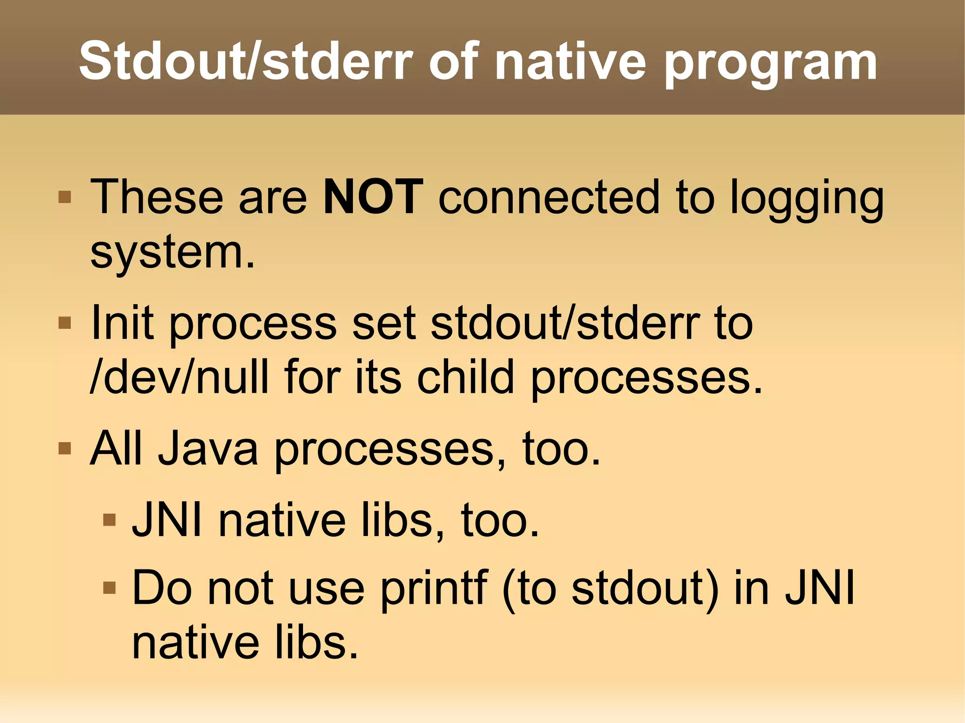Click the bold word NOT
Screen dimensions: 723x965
[373, 197]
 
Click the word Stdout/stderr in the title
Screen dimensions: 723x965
[245, 61]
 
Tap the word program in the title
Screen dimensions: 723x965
[771, 64]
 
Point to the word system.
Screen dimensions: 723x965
[172, 253]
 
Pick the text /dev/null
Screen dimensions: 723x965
[179, 377]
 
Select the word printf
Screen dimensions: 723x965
[433, 589]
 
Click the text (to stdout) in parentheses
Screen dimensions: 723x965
[611, 589]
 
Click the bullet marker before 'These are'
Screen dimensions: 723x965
[65, 196]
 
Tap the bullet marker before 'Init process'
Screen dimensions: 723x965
[65, 323]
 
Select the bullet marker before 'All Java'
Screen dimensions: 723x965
[65, 448]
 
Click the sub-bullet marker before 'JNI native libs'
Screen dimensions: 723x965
[109, 520]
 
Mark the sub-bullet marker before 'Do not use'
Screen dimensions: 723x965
[109, 587]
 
